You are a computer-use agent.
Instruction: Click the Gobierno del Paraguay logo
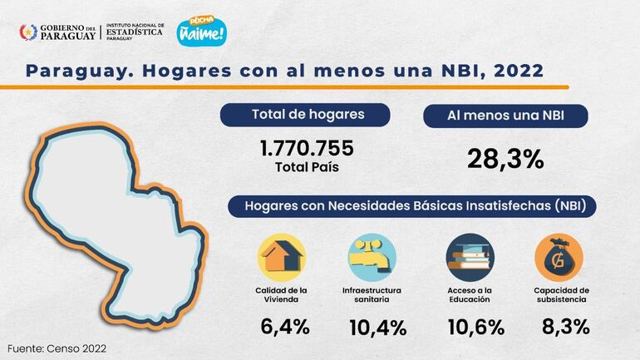[x=57, y=32]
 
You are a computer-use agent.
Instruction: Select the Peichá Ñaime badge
[x=202, y=30]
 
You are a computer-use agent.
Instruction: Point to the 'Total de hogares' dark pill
[x=308, y=115]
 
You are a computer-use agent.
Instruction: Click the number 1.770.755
[x=308, y=148]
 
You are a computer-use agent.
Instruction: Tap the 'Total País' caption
[x=308, y=166]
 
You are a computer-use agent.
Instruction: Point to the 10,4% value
[x=377, y=327]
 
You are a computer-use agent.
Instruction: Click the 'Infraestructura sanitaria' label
[x=372, y=293]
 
